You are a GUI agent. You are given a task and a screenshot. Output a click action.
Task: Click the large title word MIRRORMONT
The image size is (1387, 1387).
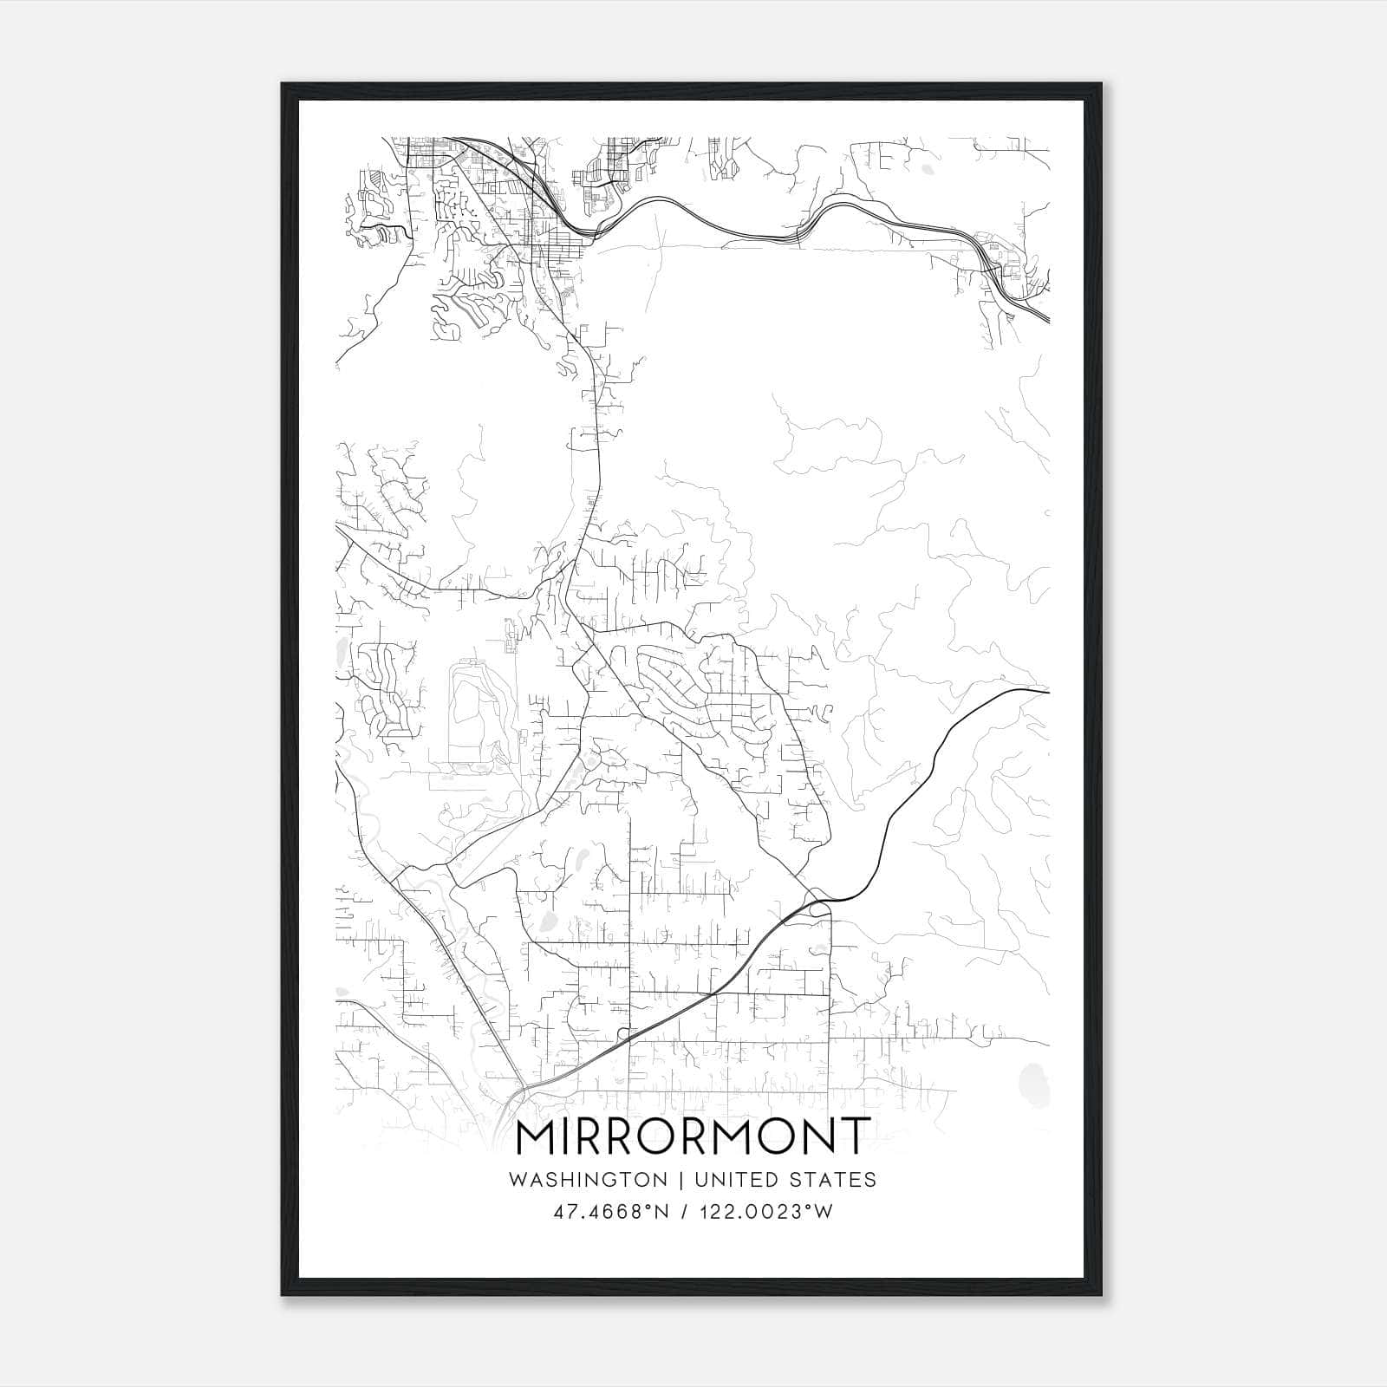pos(692,1138)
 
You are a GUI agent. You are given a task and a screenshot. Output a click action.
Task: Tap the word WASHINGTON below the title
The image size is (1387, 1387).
pos(588,1180)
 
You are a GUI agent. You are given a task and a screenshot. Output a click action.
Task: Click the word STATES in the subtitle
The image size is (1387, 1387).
pos(835,1180)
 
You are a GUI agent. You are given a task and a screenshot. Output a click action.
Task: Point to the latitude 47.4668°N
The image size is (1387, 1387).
pos(612,1212)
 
